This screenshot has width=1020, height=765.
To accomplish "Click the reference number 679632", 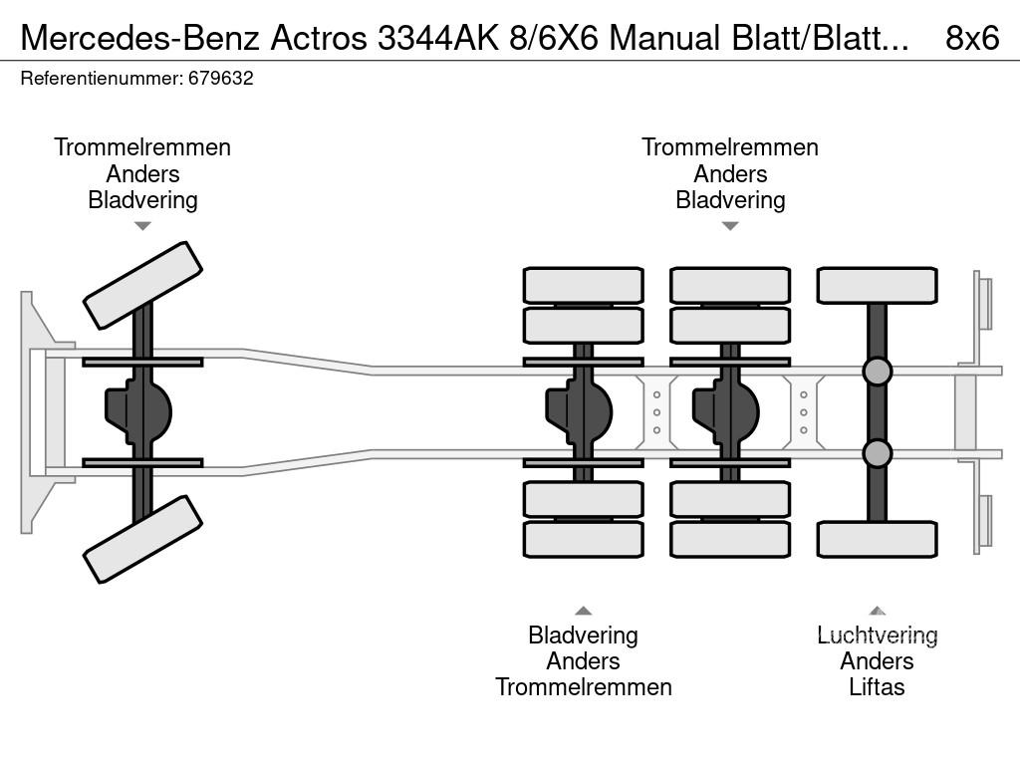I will (x=221, y=79).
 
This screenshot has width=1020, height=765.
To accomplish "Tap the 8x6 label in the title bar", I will (x=971, y=38).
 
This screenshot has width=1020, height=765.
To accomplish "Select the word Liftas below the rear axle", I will (x=877, y=687).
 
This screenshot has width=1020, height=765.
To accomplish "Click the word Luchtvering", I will (x=878, y=636).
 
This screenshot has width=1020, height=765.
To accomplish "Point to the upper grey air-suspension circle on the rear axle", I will (x=877, y=372).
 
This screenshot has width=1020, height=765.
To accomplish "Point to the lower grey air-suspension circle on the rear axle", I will (x=877, y=453).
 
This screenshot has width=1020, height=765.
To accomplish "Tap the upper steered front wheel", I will (x=142, y=285).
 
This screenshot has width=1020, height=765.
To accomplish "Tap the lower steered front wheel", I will (x=142, y=539).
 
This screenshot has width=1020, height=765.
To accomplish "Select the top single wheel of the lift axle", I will (x=877, y=285).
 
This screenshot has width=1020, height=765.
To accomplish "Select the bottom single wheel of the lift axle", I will (x=877, y=539).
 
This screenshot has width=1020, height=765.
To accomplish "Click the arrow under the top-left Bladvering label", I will (x=142, y=226).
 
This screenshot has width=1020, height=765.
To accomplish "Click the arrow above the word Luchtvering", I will (x=877, y=611).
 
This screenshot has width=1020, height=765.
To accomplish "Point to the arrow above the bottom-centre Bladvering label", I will (x=583, y=611).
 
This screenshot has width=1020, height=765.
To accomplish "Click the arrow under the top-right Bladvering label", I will (x=730, y=226).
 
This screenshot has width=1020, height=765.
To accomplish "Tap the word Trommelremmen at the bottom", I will (x=583, y=687).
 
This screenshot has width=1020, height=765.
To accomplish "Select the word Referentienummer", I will (x=101, y=79).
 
